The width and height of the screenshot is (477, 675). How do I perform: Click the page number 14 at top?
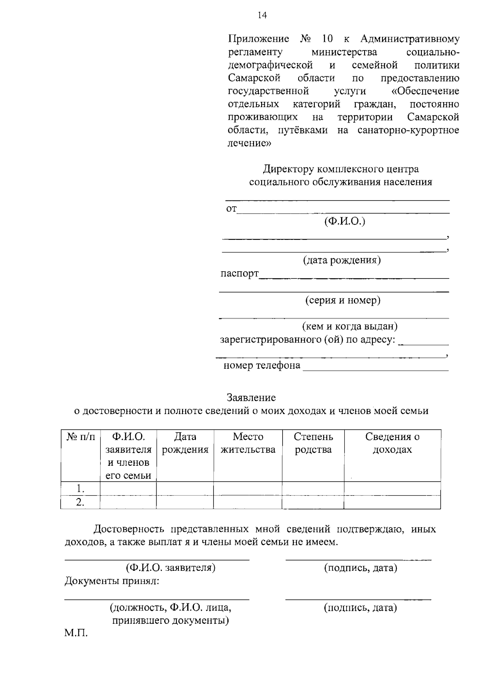pyautogui.click(x=262, y=16)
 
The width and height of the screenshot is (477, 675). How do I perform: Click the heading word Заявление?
pyautogui.click(x=251, y=397)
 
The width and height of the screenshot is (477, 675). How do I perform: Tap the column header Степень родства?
pyautogui.click(x=313, y=443)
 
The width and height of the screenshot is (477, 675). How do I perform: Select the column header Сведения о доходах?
pyautogui.click(x=392, y=443)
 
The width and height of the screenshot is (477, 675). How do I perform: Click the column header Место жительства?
pyautogui.click(x=248, y=443)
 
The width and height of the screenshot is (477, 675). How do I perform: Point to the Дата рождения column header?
pyautogui.click(x=185, y=443)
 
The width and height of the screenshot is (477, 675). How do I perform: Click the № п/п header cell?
pyautogui.click(x=81, y=437)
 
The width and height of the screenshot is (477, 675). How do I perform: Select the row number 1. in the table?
pyautogui.click(x=81, y=488)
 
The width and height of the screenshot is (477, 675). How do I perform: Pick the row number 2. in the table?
pyautogui.click(x=81, y=502)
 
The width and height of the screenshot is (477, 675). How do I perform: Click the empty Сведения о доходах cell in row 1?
pyautogui.click(x=392, y=488)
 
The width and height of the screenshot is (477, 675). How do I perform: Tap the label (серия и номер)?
pyautogui.click(x=343, y=300)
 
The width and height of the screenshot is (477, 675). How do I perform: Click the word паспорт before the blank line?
pyautogui.click(x=240, y=274)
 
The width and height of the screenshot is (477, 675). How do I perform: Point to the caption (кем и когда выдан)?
pyautogui.click(x=350, y=327)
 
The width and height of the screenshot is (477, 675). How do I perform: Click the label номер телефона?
pyautogui.click(x=262, y=365)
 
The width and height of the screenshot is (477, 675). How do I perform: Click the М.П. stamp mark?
pyautogui.click(x=76, y=633)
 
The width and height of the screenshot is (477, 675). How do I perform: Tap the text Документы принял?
pyautogui.click(x=112, y=581)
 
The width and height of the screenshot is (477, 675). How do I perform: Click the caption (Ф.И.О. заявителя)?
pyautogui.click(x=171, y=568)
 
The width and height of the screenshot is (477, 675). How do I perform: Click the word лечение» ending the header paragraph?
pyautogui.click(x=249, y=143)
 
